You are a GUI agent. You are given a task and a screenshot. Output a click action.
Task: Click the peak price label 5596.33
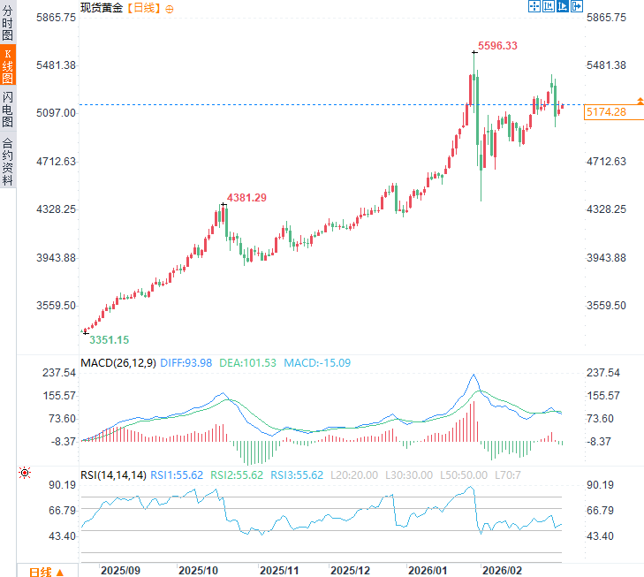[497, 45]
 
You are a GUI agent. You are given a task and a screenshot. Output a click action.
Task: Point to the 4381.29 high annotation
[246, 197]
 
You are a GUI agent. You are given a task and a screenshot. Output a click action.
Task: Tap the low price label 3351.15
[110, 339]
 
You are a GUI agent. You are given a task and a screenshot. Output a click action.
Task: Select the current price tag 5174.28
[605, 112]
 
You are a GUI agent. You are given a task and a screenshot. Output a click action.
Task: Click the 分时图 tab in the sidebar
[8, 23]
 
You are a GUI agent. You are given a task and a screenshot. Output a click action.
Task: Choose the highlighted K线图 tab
[8, 66]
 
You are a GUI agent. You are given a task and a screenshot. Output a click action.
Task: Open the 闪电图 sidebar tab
[8, 109]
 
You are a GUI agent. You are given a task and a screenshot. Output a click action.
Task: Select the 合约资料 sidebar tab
[8, 161]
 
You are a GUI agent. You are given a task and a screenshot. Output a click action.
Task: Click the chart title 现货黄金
[102, 7]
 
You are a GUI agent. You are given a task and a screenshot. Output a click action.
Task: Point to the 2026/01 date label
[427, 571]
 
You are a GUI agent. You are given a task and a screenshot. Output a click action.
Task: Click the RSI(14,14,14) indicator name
[113, 475]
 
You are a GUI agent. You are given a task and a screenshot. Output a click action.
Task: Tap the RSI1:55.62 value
[179, 475]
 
